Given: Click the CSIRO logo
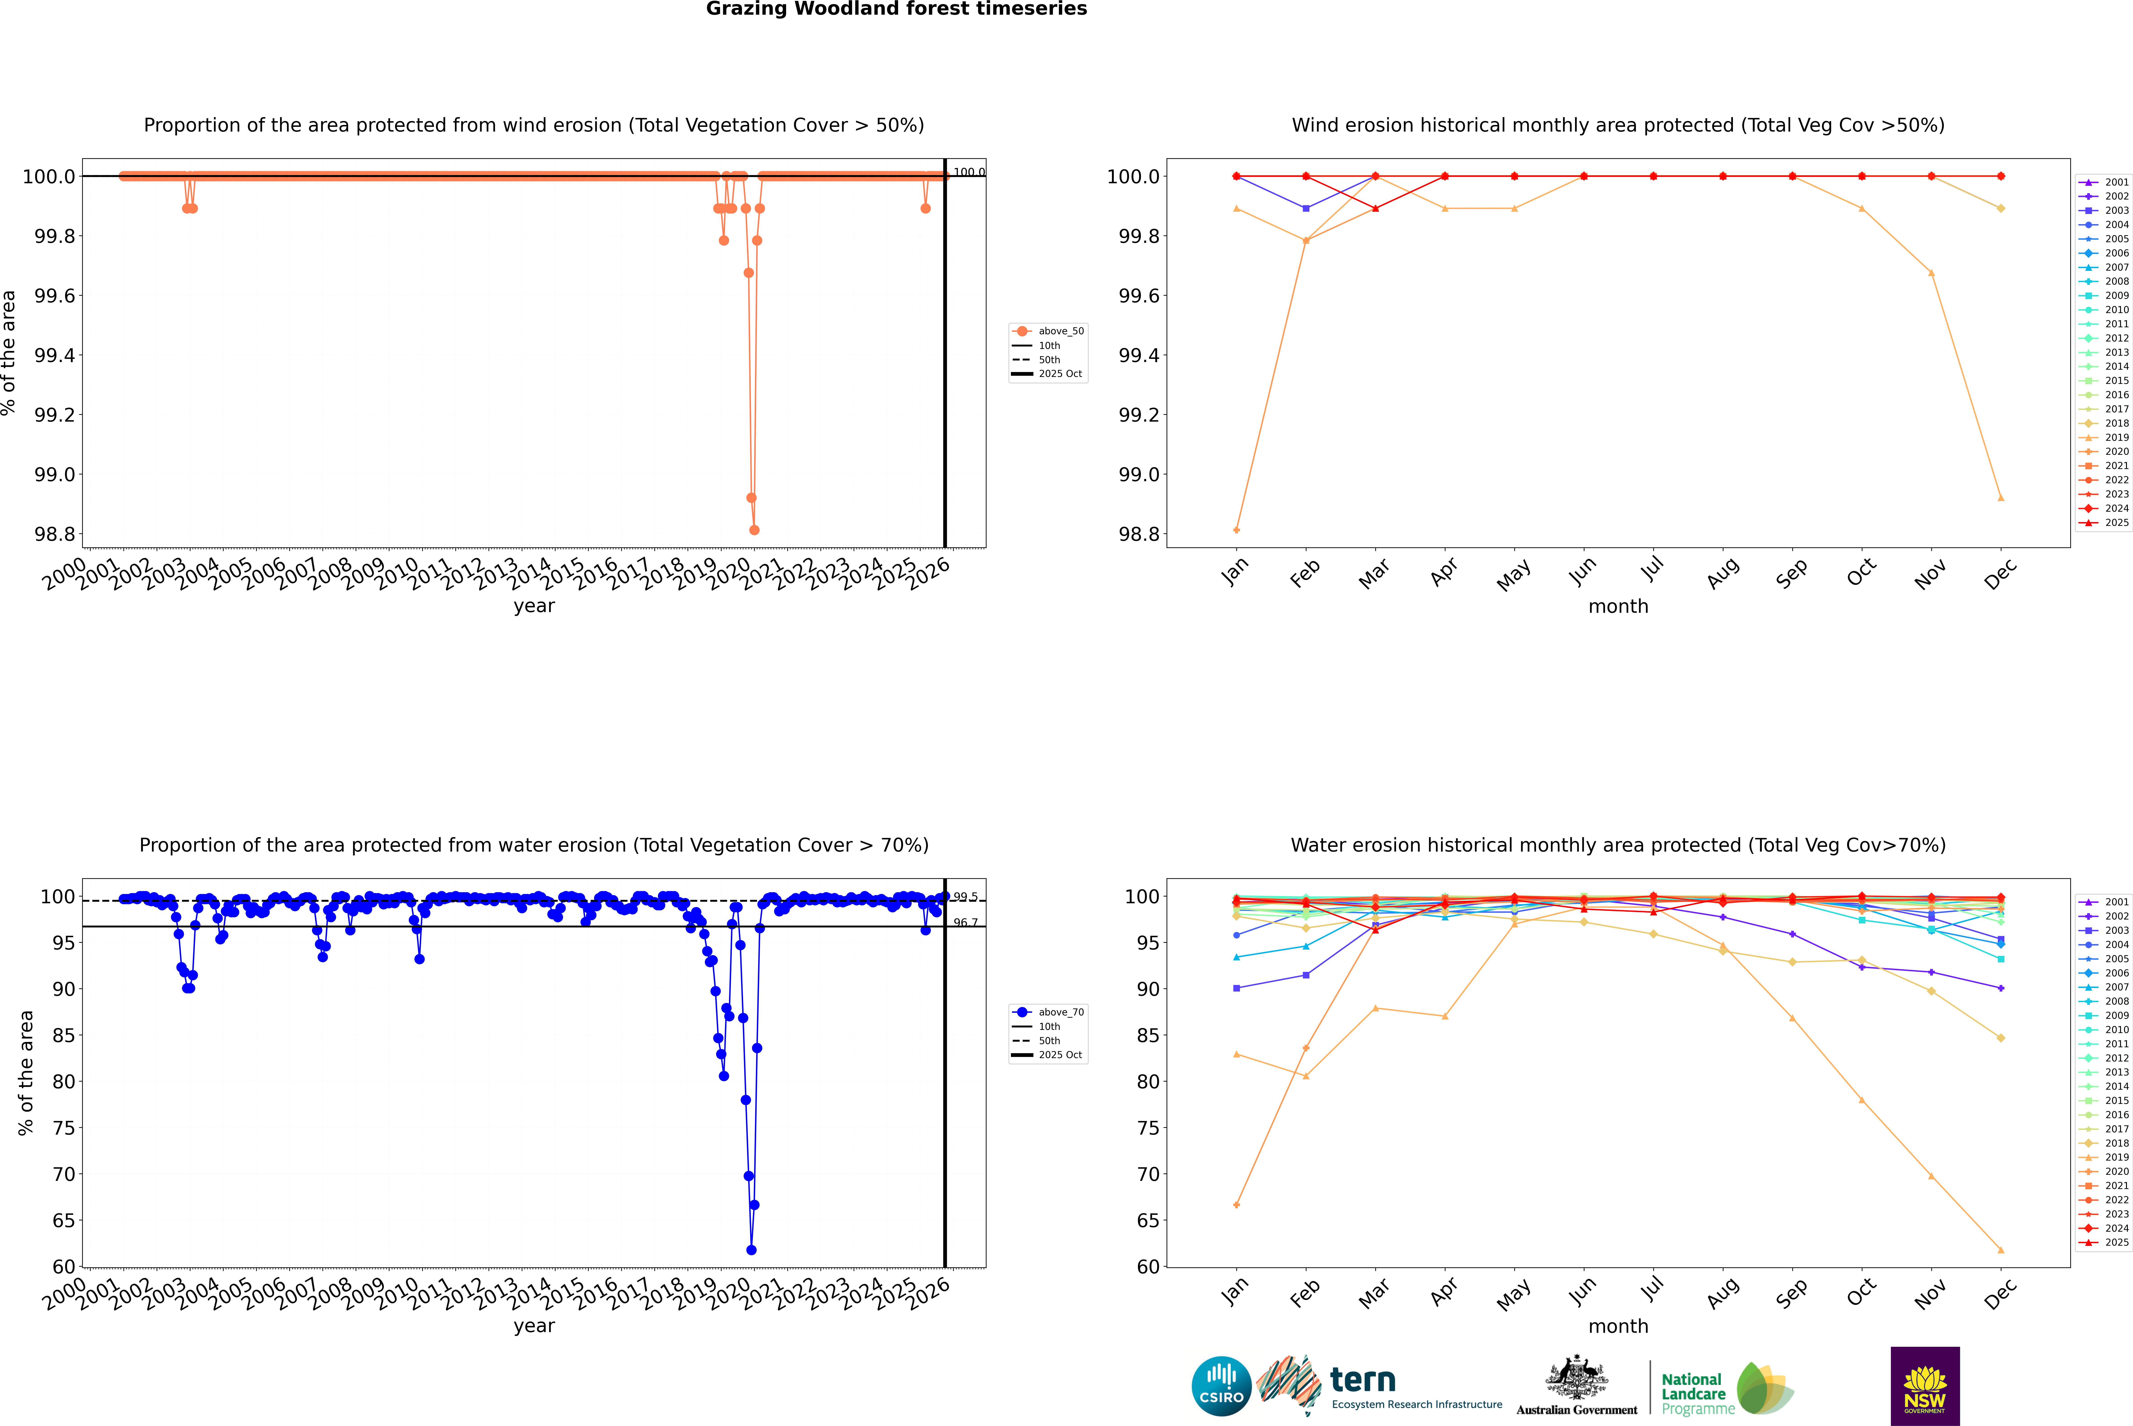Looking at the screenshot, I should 1221,1386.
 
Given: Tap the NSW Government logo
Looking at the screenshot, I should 1925,1386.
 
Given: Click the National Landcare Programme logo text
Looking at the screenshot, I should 1693,1393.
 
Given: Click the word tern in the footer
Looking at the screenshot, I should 1362,1380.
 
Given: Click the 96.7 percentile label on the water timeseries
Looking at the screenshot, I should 966,923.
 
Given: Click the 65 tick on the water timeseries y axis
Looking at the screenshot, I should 64,1220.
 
